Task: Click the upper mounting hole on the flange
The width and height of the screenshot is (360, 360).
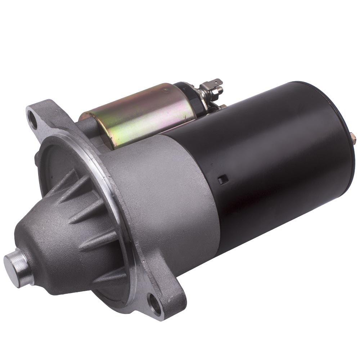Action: click(33, 122)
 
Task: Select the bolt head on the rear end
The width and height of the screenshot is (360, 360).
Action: click(352, 137)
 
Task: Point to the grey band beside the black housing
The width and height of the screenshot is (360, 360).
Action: click(173, 187)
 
